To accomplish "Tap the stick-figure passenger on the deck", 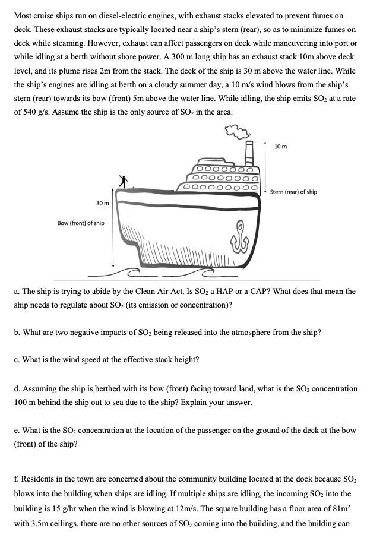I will [x=123, y=182].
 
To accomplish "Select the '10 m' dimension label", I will [x=281, y=147].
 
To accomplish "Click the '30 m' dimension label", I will [x=102, y=204].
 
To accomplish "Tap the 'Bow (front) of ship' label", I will [x=81, y=223].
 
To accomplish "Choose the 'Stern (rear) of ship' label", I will [x=293, y=192].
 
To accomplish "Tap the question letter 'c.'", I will [x=18, y=359].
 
